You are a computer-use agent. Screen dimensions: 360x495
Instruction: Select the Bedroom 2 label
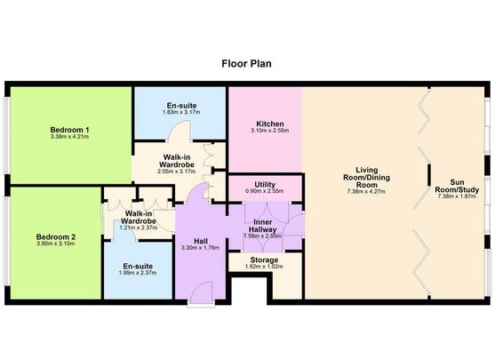(55, 236)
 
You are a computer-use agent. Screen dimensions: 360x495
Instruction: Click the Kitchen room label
(269, 124)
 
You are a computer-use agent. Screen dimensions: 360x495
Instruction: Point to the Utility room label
(264, 184)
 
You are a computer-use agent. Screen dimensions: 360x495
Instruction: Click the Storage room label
(263, 260)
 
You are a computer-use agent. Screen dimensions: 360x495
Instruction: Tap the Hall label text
(200, 239)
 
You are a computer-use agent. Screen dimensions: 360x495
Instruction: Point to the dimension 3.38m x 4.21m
(70, 138)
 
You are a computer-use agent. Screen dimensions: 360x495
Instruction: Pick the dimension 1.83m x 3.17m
(182, 113)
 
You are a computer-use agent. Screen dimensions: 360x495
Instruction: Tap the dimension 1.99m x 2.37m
(137, 274)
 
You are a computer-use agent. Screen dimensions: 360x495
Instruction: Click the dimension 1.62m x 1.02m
(262, 268)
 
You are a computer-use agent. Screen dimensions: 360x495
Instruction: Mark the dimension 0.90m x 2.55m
(264, 192)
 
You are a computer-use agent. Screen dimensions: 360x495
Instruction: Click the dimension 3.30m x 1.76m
(200, 248)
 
